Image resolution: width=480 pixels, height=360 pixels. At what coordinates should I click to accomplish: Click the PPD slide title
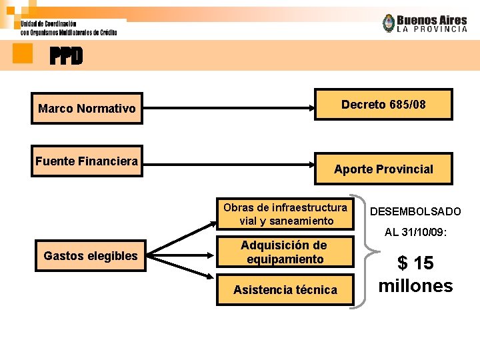point(67,57)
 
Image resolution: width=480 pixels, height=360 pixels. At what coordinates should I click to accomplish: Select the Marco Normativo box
point(87,108)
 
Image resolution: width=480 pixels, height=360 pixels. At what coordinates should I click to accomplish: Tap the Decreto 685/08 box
point(383,104)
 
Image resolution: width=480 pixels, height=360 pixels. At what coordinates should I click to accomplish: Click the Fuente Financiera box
point(87,161)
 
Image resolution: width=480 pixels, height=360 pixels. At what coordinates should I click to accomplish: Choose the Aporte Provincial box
point(383,169)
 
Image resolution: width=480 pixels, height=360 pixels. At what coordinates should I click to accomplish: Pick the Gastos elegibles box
point(90,255)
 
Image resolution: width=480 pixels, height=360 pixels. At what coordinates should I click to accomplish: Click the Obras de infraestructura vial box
point(285,213)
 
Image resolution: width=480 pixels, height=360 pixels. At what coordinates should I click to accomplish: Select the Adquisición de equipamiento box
point(285,253)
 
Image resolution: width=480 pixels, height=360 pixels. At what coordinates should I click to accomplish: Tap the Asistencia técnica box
point(285,290)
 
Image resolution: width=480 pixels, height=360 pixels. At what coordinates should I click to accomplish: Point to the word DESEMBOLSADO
point(415,211)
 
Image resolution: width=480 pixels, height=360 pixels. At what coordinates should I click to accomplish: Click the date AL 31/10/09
point(415,233)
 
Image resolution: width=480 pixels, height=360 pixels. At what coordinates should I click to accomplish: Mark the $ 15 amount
point(415,263)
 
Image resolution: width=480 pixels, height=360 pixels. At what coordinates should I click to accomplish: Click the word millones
point(415,286)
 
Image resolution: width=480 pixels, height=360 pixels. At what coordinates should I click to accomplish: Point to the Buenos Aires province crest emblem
point(388,23)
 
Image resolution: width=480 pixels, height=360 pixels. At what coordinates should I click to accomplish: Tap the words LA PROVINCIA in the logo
point(432,29)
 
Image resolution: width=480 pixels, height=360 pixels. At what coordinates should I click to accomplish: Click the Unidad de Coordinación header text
point(48,24)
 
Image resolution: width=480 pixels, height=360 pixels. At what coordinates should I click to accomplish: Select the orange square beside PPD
point(23,53)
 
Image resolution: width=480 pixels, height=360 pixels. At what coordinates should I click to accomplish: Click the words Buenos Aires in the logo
point(432,20)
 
